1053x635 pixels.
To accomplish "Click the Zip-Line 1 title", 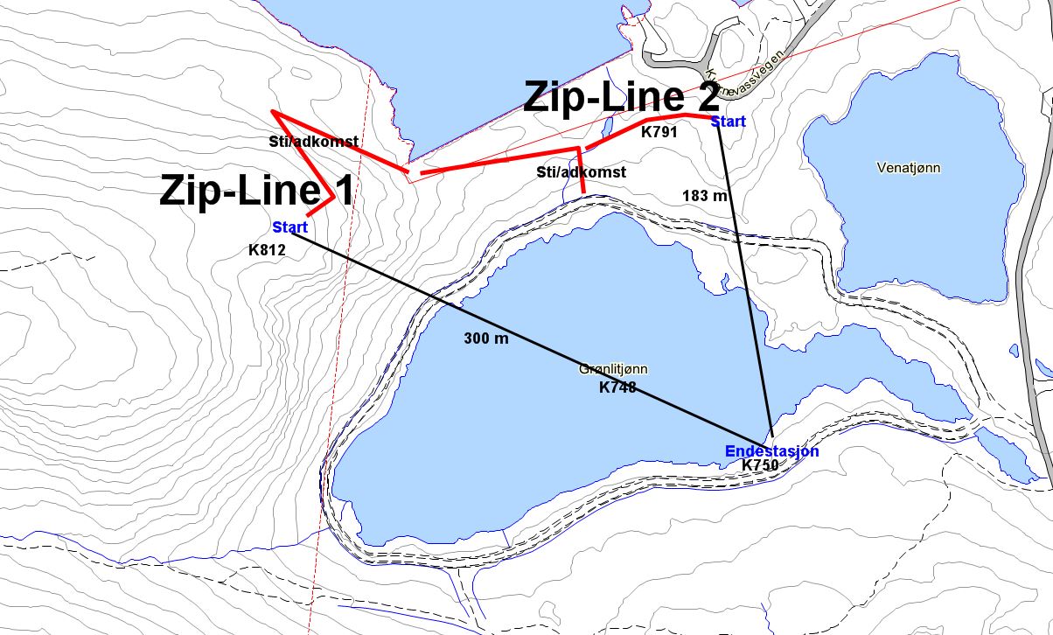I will click(x=255, y=191).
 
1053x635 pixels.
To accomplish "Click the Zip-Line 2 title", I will click(x=621, y=96).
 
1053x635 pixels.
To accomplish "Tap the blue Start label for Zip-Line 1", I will click(x=289, y=228).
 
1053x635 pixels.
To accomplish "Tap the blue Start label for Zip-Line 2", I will click(x=729, y=122).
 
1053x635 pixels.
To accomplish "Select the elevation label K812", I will click(x=268, y=249).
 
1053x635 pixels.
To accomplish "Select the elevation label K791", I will click(x=660, y=133).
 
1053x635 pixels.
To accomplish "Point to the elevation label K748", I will click(x=617, y=387).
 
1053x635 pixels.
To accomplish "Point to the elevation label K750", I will click(x=760, y=466).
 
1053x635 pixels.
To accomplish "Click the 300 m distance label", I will click(x=486, y=338).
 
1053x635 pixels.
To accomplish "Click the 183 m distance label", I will click(x=705, y=196).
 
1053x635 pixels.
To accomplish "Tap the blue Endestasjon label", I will click(x=771, y=451).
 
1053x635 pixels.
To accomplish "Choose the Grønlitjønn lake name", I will click(x=612, y=370).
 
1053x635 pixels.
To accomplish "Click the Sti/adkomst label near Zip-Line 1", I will click(x=313, y=141).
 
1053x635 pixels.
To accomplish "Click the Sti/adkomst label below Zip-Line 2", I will click(x=581, y=172).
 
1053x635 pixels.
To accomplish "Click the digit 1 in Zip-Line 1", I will click(x=343, y=191).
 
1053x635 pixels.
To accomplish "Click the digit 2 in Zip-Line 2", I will click(x=706, y=96).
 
